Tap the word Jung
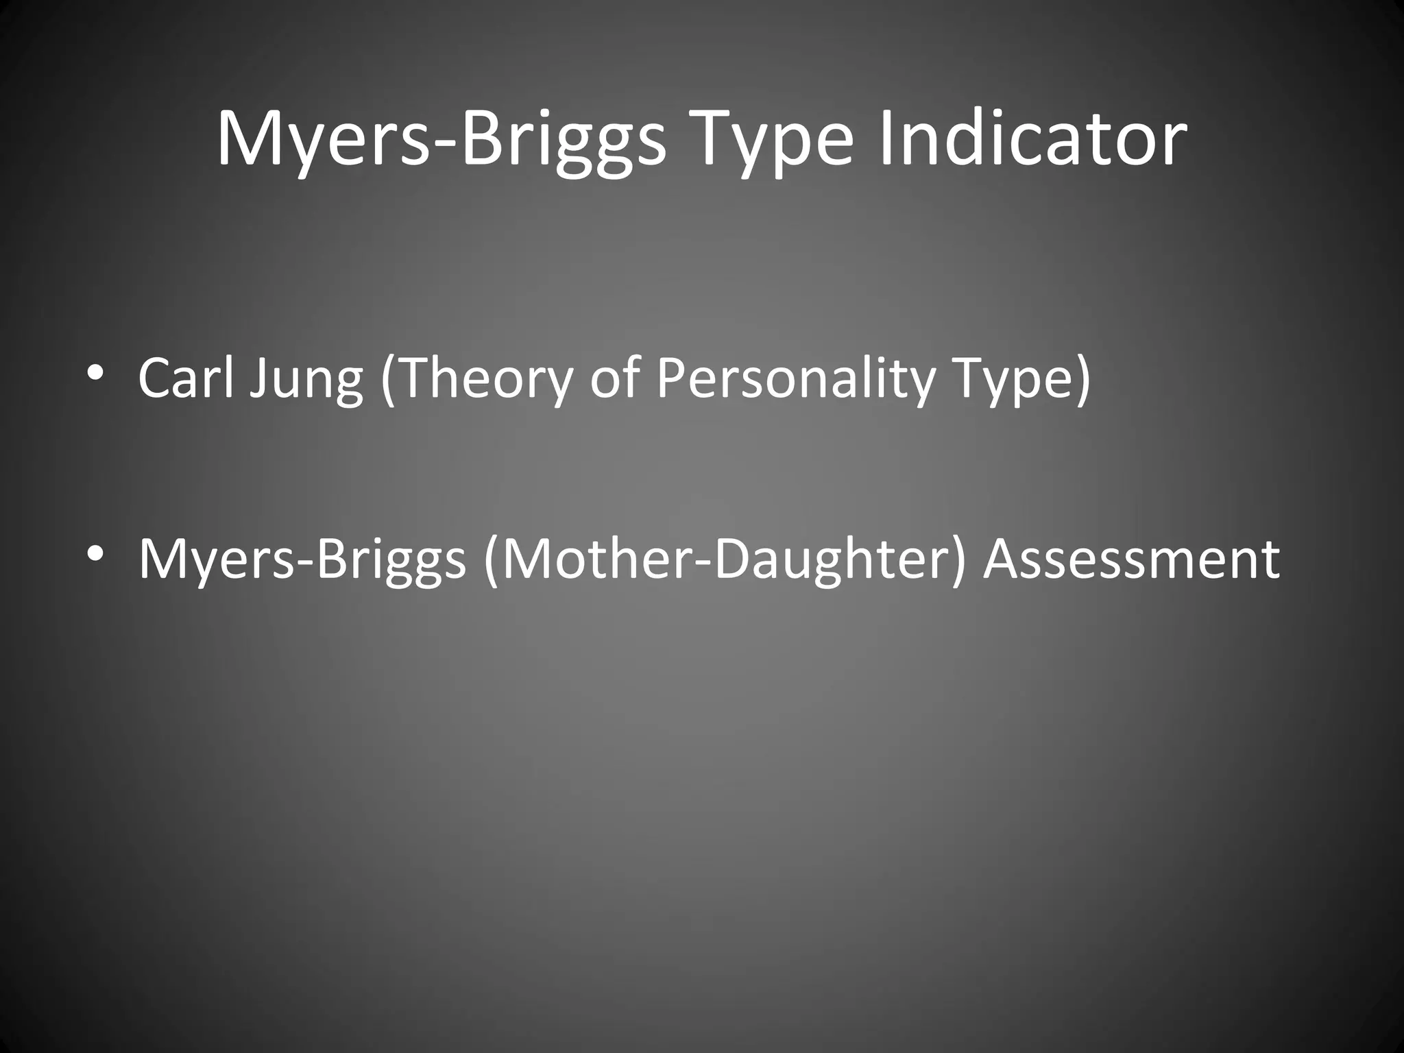pyautogui.click(x=306, y=380)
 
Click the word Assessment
pyautogui.click(x=1131, y=559)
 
